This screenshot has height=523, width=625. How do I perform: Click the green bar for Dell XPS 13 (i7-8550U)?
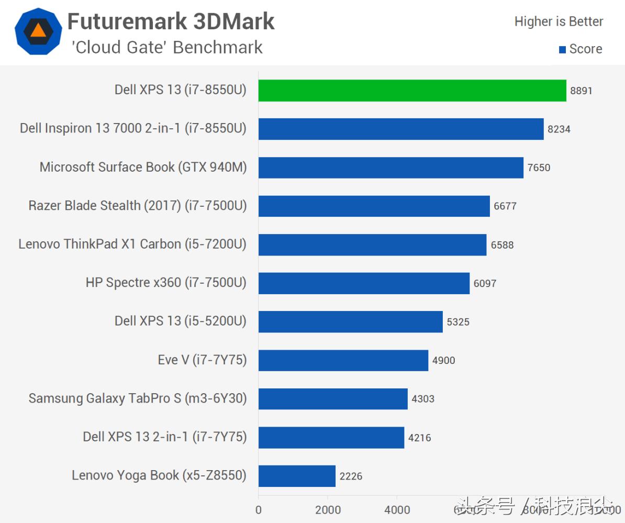412,91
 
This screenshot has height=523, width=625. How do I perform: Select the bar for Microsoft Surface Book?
390,168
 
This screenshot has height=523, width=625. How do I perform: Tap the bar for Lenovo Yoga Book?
297,476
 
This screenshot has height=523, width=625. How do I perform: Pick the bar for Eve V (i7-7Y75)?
343,360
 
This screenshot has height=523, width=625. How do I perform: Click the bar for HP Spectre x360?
364,283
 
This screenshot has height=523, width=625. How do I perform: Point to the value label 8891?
582,91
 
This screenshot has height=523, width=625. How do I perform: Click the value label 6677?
505,206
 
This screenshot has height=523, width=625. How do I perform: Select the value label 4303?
423,399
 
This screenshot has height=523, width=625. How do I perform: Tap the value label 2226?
351,476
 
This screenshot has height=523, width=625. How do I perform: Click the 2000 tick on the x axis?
328,510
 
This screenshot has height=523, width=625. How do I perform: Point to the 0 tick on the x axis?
259,510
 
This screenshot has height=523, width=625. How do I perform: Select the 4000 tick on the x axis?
397,510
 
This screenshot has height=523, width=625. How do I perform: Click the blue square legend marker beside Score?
562,50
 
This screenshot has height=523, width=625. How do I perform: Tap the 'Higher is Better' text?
559,21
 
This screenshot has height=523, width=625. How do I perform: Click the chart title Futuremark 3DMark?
171,21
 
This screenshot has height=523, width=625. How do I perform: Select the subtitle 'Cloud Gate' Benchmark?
168,47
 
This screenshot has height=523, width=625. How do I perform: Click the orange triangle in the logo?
38,30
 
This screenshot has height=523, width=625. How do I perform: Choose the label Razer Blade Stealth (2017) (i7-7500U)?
137,206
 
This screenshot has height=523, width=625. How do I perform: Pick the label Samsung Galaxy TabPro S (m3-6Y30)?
137,398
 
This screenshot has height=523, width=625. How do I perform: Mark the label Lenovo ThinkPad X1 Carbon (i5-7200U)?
132,244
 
